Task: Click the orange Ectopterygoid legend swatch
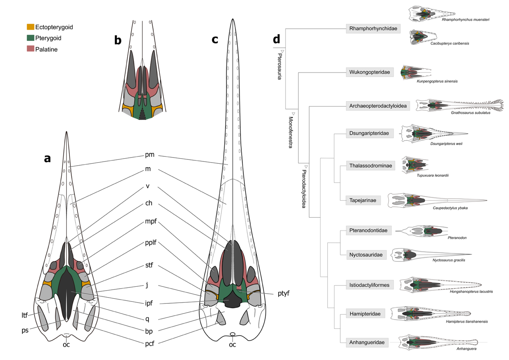pos(30,27)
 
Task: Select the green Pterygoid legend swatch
pos(30,38)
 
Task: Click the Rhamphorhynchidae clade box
pos(373,29)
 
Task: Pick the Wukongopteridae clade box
pos(369,72)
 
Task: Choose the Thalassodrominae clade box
pos(370,166)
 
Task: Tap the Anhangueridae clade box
pos(367,343)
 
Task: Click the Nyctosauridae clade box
pos(366,255)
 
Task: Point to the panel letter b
pos(118,40)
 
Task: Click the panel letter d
pos(276,39)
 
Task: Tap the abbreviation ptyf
pos(283,293)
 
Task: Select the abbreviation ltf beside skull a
pos(25,315)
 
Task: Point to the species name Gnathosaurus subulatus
pos(470,113)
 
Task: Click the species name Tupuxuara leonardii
pos(433,175)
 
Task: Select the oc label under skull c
pos(232,344)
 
